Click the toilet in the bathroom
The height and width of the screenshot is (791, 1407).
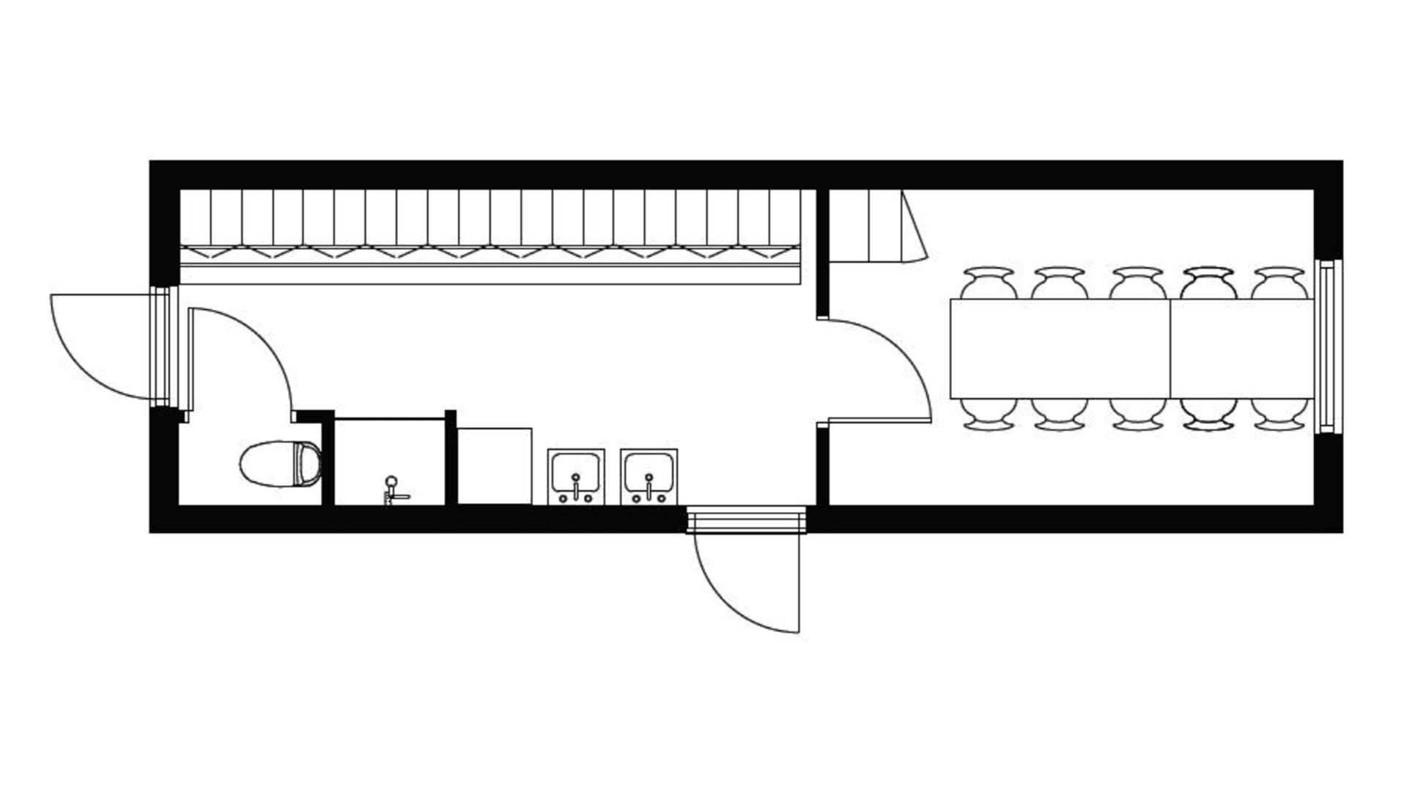[280, 464]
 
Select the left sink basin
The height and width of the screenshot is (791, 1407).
[576, 477]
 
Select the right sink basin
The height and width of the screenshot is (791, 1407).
[649, 477]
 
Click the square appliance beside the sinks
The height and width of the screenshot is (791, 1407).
[495, 466]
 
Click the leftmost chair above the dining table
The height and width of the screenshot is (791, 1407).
[989, 283]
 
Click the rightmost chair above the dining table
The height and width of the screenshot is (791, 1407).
[1279, 283]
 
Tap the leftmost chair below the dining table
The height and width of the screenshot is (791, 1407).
[989, 414]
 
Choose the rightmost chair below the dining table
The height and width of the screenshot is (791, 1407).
[1279, 414]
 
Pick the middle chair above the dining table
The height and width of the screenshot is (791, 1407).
[1137, 283]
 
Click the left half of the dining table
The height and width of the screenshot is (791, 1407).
[1060, 349]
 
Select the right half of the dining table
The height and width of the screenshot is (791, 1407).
[1241, 349]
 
